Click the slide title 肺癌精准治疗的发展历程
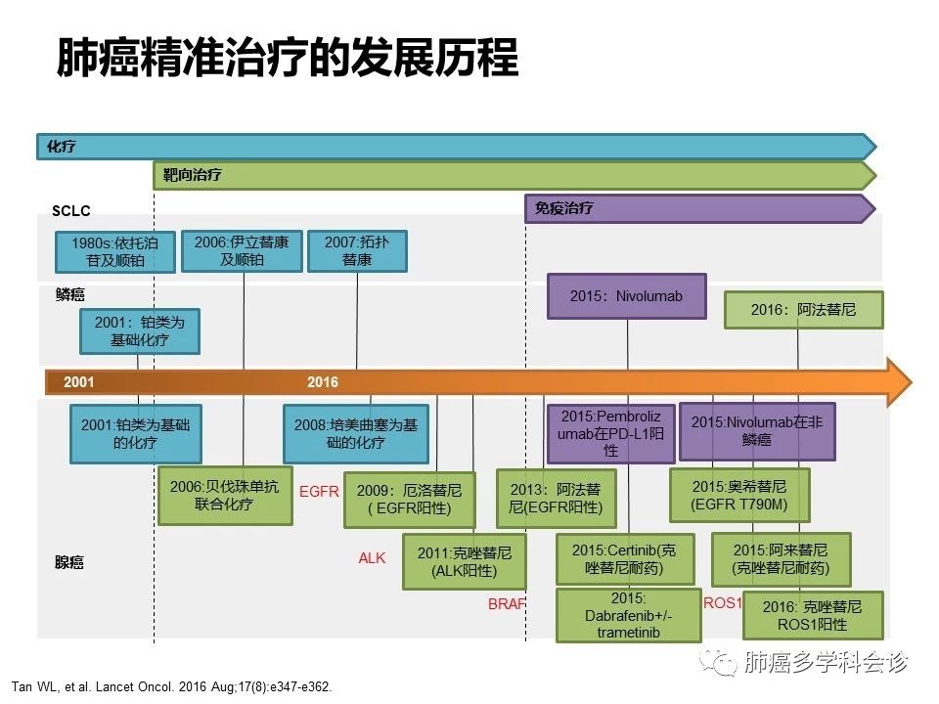287,58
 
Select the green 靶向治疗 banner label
192,176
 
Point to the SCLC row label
71,211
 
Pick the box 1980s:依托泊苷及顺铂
115,251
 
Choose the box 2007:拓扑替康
356,251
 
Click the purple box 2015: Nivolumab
626,295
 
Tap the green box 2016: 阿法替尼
803,310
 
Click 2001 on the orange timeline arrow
79,382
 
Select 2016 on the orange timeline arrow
323,382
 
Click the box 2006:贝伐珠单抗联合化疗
225,496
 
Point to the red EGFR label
319,492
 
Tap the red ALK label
372,558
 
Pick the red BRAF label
507,604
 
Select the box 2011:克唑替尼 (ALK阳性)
465,561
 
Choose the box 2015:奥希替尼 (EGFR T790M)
739,495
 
